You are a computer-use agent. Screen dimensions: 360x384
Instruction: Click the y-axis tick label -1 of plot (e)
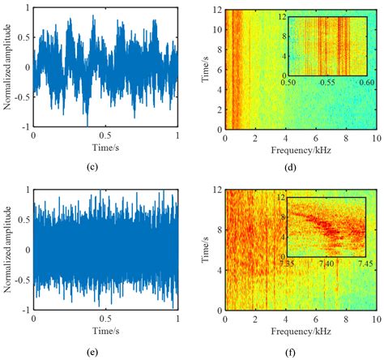[x=24, y=310]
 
